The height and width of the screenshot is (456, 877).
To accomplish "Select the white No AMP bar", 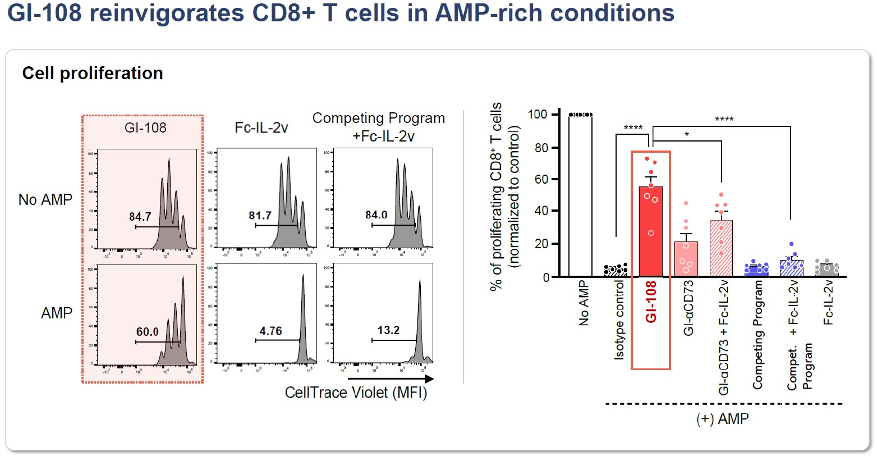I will point(580,197).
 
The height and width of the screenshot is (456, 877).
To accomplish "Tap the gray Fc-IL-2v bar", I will point(825,271).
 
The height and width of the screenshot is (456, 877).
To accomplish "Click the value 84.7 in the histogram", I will point(140,217).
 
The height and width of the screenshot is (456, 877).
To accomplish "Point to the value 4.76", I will point(270,331).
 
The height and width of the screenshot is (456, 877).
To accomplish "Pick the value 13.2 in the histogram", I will point(388,330).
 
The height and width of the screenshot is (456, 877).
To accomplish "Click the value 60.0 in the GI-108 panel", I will point(148,332).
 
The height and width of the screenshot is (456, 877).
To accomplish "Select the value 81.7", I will point(260,215).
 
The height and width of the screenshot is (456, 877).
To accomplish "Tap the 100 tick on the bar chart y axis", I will point(537,115).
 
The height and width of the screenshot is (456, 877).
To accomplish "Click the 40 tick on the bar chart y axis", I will point(541,211).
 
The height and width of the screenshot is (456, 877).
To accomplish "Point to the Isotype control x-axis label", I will point(619,320).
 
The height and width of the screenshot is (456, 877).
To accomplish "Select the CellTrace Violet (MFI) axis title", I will point(356,393).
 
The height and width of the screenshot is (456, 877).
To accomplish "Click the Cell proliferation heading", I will point(93,74).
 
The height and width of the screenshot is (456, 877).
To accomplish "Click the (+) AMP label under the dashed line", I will point(723,419).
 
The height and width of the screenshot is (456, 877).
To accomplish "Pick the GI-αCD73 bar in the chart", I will point(686,259).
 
